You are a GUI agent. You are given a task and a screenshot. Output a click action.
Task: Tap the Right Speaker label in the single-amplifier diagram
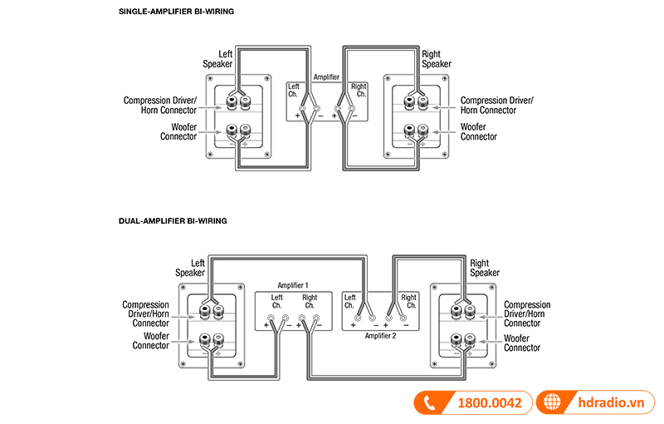pyautogui.click(x=437, y=59)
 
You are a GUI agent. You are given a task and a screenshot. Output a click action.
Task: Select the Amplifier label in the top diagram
pyautogui.click(x=327, y=77)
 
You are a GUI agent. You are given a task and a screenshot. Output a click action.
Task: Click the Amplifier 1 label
pyautogui.click(x=294, y=284)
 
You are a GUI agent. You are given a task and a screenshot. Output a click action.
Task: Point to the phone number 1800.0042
pyautogui.click(x=490, y=403)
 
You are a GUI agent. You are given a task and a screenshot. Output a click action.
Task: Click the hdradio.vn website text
pyautogui.click(x=613, y=403)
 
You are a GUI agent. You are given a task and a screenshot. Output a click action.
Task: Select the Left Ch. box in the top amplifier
pyautogui.click(x=295, y=91)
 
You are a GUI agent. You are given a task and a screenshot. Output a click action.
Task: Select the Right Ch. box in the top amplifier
pyautogui.click(x=358, y=91)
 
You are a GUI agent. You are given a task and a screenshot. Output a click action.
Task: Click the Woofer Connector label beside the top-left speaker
pyautogui.click(x=178, y=131)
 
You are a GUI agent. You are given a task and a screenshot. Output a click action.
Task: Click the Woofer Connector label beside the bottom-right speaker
pyautogui.click(x=522, y=343)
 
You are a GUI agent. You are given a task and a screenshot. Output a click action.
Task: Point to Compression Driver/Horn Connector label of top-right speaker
pyautogui.click(x=497, y=105)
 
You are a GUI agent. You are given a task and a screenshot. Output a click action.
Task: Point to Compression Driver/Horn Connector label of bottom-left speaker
pyautogui.click(x=146, y=314)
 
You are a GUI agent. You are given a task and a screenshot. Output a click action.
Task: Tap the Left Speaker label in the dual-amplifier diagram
pyautogui.click(x=190, y=268)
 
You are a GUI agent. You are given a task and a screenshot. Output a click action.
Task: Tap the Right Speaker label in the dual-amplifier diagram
pyautogui.click(x=485, y=268)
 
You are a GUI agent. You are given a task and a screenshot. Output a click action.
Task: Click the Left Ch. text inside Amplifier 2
pyautogui.click(x=350, y=301)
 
